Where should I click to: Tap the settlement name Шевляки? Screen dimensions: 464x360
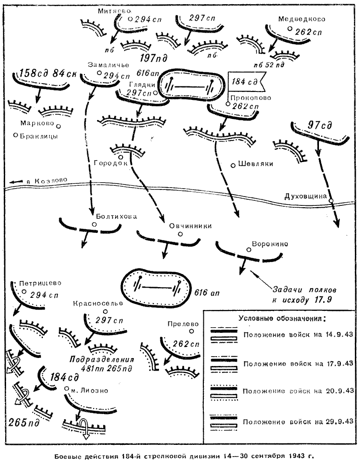(255, 164)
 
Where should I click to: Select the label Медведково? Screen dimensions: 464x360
(301, 19)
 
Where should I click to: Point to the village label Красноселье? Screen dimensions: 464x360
(97, 303)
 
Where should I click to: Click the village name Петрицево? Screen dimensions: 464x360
(41, 283)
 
